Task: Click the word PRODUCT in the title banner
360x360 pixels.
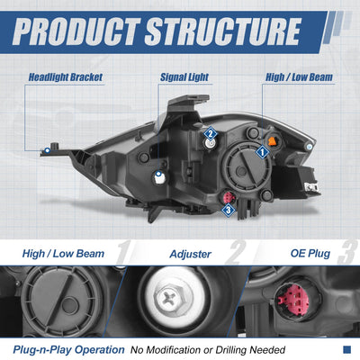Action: [x=76, y=31]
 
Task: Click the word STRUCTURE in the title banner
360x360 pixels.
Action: [x=223, y=31]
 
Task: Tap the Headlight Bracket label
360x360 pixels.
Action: [x=66, y=77]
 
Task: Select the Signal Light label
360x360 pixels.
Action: [x=184, y=77]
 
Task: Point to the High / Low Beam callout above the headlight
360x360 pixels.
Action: [x=299, y=77]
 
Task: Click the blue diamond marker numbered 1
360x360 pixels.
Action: [x=262, y=152]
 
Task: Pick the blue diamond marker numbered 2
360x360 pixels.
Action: [x=211, y=134]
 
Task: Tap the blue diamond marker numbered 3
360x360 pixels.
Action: [x=229, y=210]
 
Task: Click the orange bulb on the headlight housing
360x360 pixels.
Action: [x=273, y=141]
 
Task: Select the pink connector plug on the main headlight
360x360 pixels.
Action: [x=228, y=197]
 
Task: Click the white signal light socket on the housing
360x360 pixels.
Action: [x=159, y=177]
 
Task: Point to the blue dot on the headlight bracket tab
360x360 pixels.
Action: [x=47, y=150]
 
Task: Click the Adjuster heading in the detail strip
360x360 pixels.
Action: [x=191, y=255]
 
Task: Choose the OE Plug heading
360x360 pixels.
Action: [x=310, y=254]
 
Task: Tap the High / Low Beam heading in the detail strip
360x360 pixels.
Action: [x=63, y=254]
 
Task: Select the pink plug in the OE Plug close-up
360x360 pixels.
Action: [x=293, y=299]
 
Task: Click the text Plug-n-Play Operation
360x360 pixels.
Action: [x=68, y=350]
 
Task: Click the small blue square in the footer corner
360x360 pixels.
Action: [x=346, y=349]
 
